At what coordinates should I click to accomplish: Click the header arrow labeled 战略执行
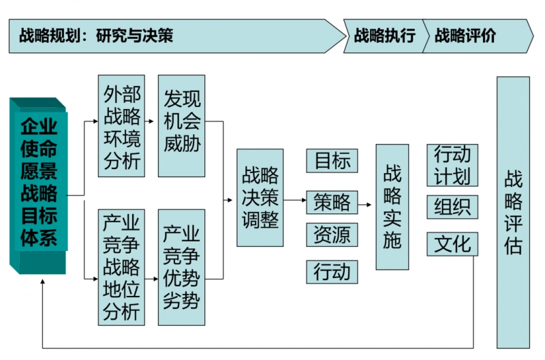[x=384, y=35]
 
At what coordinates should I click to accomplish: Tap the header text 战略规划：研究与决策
[x=95, y=35]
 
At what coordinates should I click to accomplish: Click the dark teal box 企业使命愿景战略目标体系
[x=39, y=183]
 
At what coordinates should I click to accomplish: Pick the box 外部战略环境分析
[x=122, y=126]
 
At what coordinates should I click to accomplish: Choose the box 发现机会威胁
[x=182, y=126]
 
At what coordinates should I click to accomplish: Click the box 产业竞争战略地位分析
[x=122, y=267]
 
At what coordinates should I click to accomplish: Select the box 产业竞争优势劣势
[x=182, y=267]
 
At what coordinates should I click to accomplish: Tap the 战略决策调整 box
[x=260, y=198]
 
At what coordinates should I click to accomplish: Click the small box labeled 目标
[x=332, y=161]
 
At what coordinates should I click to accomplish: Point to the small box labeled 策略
[x=332, y=202]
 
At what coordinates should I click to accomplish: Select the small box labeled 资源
[x=332, y=235]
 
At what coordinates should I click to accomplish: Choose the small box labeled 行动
[x=332, y=271]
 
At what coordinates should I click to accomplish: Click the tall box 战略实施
[x=392, y=207]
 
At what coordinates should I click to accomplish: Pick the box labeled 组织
[x=452, y=207]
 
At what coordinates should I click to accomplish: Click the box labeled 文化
[x=452, y=243]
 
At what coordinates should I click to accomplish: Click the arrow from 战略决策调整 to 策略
[x=294, y=200]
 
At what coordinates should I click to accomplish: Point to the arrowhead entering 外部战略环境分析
[x=95, y=122]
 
